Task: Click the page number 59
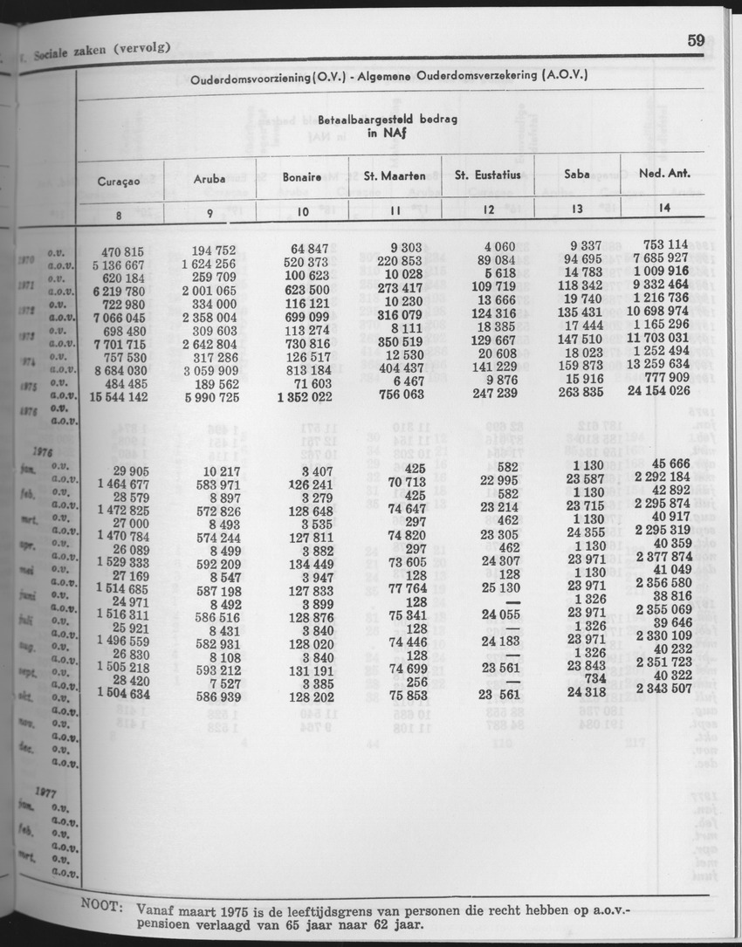696,40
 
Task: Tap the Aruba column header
211,178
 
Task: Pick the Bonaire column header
301,177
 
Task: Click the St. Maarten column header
395,176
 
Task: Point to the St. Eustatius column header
488,175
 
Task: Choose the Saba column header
576,175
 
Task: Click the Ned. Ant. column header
664,174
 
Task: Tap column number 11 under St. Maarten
395,210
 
